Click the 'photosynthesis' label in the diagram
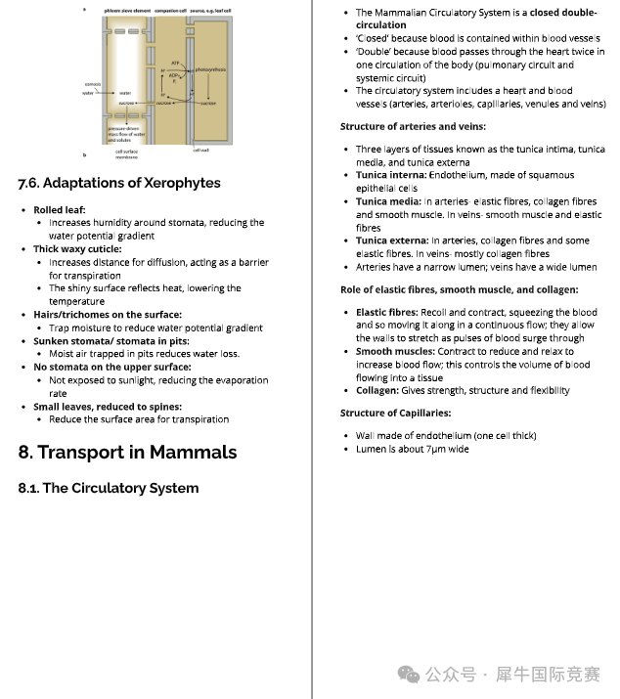pyautogui.click(x=210, y=70)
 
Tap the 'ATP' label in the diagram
pyautogui.click(x=174, y=63)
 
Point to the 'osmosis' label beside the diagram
pyautogui.click(x=87, y=85)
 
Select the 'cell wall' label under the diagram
pyautogui.click(x=200, y=150)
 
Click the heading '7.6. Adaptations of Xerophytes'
pyautogui.click(x=119, y=183)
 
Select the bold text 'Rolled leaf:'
pyautogui.click(x=60, y=209)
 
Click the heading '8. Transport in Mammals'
pyautogui.click(x=127, y=452)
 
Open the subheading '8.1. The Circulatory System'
pyautogui.click(x=108, y=488)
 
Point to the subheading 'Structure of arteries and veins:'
pyautogui.click(x=413, y=126)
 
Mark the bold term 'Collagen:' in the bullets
pyautogui.click(x=377, y=390)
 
